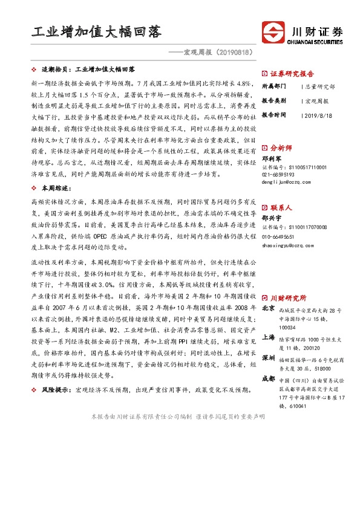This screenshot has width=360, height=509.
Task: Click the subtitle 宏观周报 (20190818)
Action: click(x=214, y=53)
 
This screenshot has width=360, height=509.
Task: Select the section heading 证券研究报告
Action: click(x=291, y=72)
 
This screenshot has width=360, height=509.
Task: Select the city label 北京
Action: click(x=268, y=309)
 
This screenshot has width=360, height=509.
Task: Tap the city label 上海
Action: click(x=268, y=337)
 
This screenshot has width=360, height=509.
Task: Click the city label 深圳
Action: click(x=268, y=358)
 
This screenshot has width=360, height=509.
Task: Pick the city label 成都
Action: click(x=268, y=379)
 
